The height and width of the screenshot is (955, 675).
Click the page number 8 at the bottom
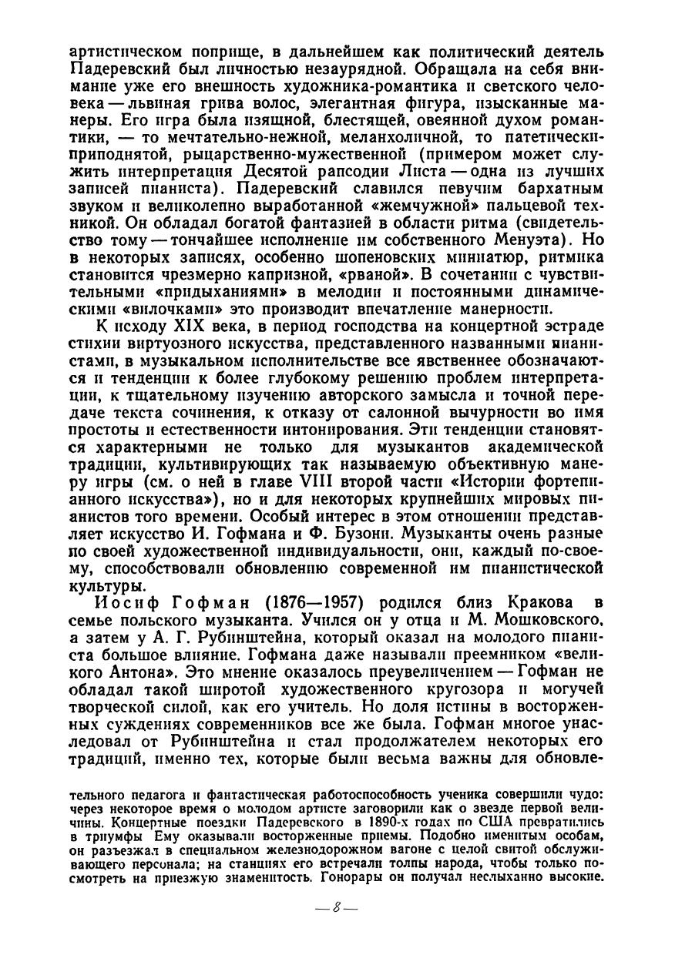(x=336, y=906)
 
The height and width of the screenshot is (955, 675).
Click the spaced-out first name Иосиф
(x=123, y=600)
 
